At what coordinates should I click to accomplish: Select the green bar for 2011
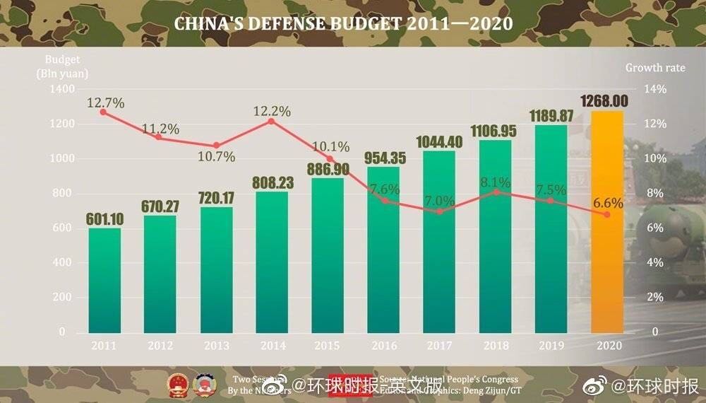104,280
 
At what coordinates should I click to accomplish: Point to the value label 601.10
104,218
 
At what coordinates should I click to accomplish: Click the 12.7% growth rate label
106,103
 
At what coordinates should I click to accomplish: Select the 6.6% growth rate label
608,203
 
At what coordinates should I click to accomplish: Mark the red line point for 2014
272,122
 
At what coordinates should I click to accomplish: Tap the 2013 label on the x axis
216,346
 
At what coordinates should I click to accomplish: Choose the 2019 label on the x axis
551,346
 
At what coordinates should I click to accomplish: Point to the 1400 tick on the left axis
63,90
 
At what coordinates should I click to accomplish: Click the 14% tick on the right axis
655,90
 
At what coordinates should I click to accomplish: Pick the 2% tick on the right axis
656,297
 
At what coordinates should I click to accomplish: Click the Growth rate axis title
664,68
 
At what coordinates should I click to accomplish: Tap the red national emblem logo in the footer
178,384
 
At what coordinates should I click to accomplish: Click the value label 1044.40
440,141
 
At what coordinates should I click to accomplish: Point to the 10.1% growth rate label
330,147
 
